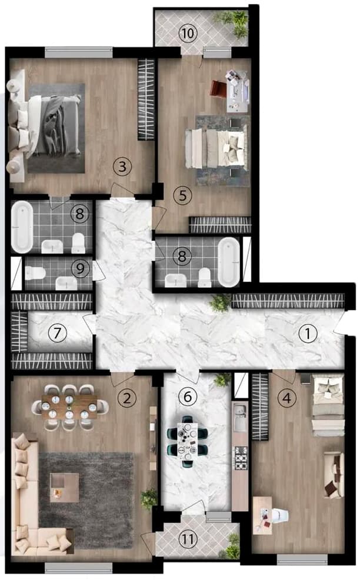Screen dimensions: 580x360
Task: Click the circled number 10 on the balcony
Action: (187, 33)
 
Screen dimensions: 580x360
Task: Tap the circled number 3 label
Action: (122, 166)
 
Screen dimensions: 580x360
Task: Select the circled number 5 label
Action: (183, 195)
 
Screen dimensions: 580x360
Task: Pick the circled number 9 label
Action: (79, 268)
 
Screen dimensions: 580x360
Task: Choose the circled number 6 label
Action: (188, 397)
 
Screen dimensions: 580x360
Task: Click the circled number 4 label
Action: (286, 398)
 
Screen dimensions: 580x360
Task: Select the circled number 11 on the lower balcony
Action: (187, 538)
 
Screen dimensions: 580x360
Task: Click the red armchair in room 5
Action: (218, 89)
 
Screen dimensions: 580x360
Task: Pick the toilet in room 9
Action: (34, 273)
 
